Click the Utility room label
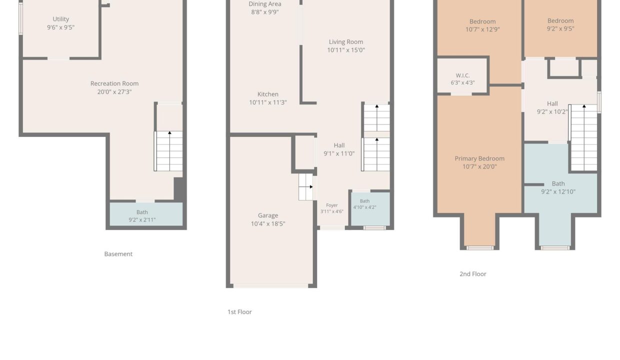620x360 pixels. (60, 19)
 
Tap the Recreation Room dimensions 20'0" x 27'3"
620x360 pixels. (114, 92)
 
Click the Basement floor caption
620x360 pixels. (118, 254)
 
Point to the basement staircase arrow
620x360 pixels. (169, 151)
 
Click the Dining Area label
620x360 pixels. (265, 4)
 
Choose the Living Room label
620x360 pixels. (346, 42)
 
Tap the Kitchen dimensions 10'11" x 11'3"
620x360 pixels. (267, 102)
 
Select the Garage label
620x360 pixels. (268, 215)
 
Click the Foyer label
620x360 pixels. (332, 205)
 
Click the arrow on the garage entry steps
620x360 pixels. (306, 187)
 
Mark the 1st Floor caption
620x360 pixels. (239, 312)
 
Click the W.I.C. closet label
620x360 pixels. (462, 75)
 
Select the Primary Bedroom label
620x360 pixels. (479, 158)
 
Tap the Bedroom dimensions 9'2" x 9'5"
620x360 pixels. (560, 29)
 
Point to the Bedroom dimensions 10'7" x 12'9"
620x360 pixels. (482, 29)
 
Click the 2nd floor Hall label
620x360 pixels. (552, 104)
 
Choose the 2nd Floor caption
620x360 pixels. (473, 274)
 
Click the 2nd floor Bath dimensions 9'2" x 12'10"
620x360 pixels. (558, 192)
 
